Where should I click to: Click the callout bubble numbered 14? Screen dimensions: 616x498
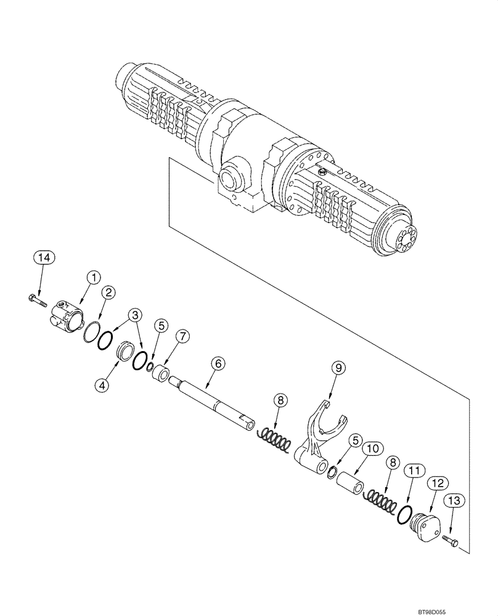(x=40, y=257)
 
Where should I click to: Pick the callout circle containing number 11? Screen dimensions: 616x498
(x=412, y=472)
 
